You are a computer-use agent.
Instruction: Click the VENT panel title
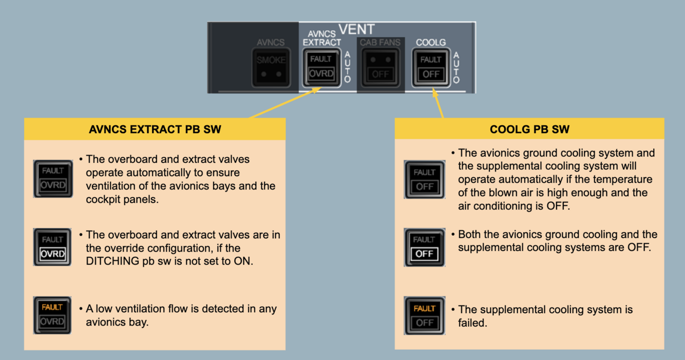(x=356, y=30)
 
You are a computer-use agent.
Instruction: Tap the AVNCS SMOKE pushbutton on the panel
(x=271, y=67)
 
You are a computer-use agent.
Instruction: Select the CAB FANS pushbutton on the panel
(x=380, y=67)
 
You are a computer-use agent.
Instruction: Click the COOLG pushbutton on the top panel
(x=431, y=67)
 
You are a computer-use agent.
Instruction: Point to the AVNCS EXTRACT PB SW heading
(x=155, y=129)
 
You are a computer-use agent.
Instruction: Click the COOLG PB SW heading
(x=529, y=129)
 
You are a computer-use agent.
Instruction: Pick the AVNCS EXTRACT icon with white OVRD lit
(x=52, y=247)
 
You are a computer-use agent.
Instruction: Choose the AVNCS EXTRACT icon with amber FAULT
(x=52, y=315)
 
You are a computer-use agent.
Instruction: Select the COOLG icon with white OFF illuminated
(x=425, y=247)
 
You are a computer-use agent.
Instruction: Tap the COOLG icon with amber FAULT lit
(x=425, y=315)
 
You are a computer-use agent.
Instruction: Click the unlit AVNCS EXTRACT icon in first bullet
(x=52, y=179)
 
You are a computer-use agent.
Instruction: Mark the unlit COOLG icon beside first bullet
(x=425, y=179)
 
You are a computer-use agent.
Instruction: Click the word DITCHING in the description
(x=111, y=261)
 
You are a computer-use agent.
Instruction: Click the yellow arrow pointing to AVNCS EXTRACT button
(x=286, y=102)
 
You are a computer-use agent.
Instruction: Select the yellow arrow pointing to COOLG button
(x=438, y=103)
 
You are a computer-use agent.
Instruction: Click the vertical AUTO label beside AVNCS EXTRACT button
(x=347, y=67)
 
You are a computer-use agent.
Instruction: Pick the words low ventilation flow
(x=141, y=309)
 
